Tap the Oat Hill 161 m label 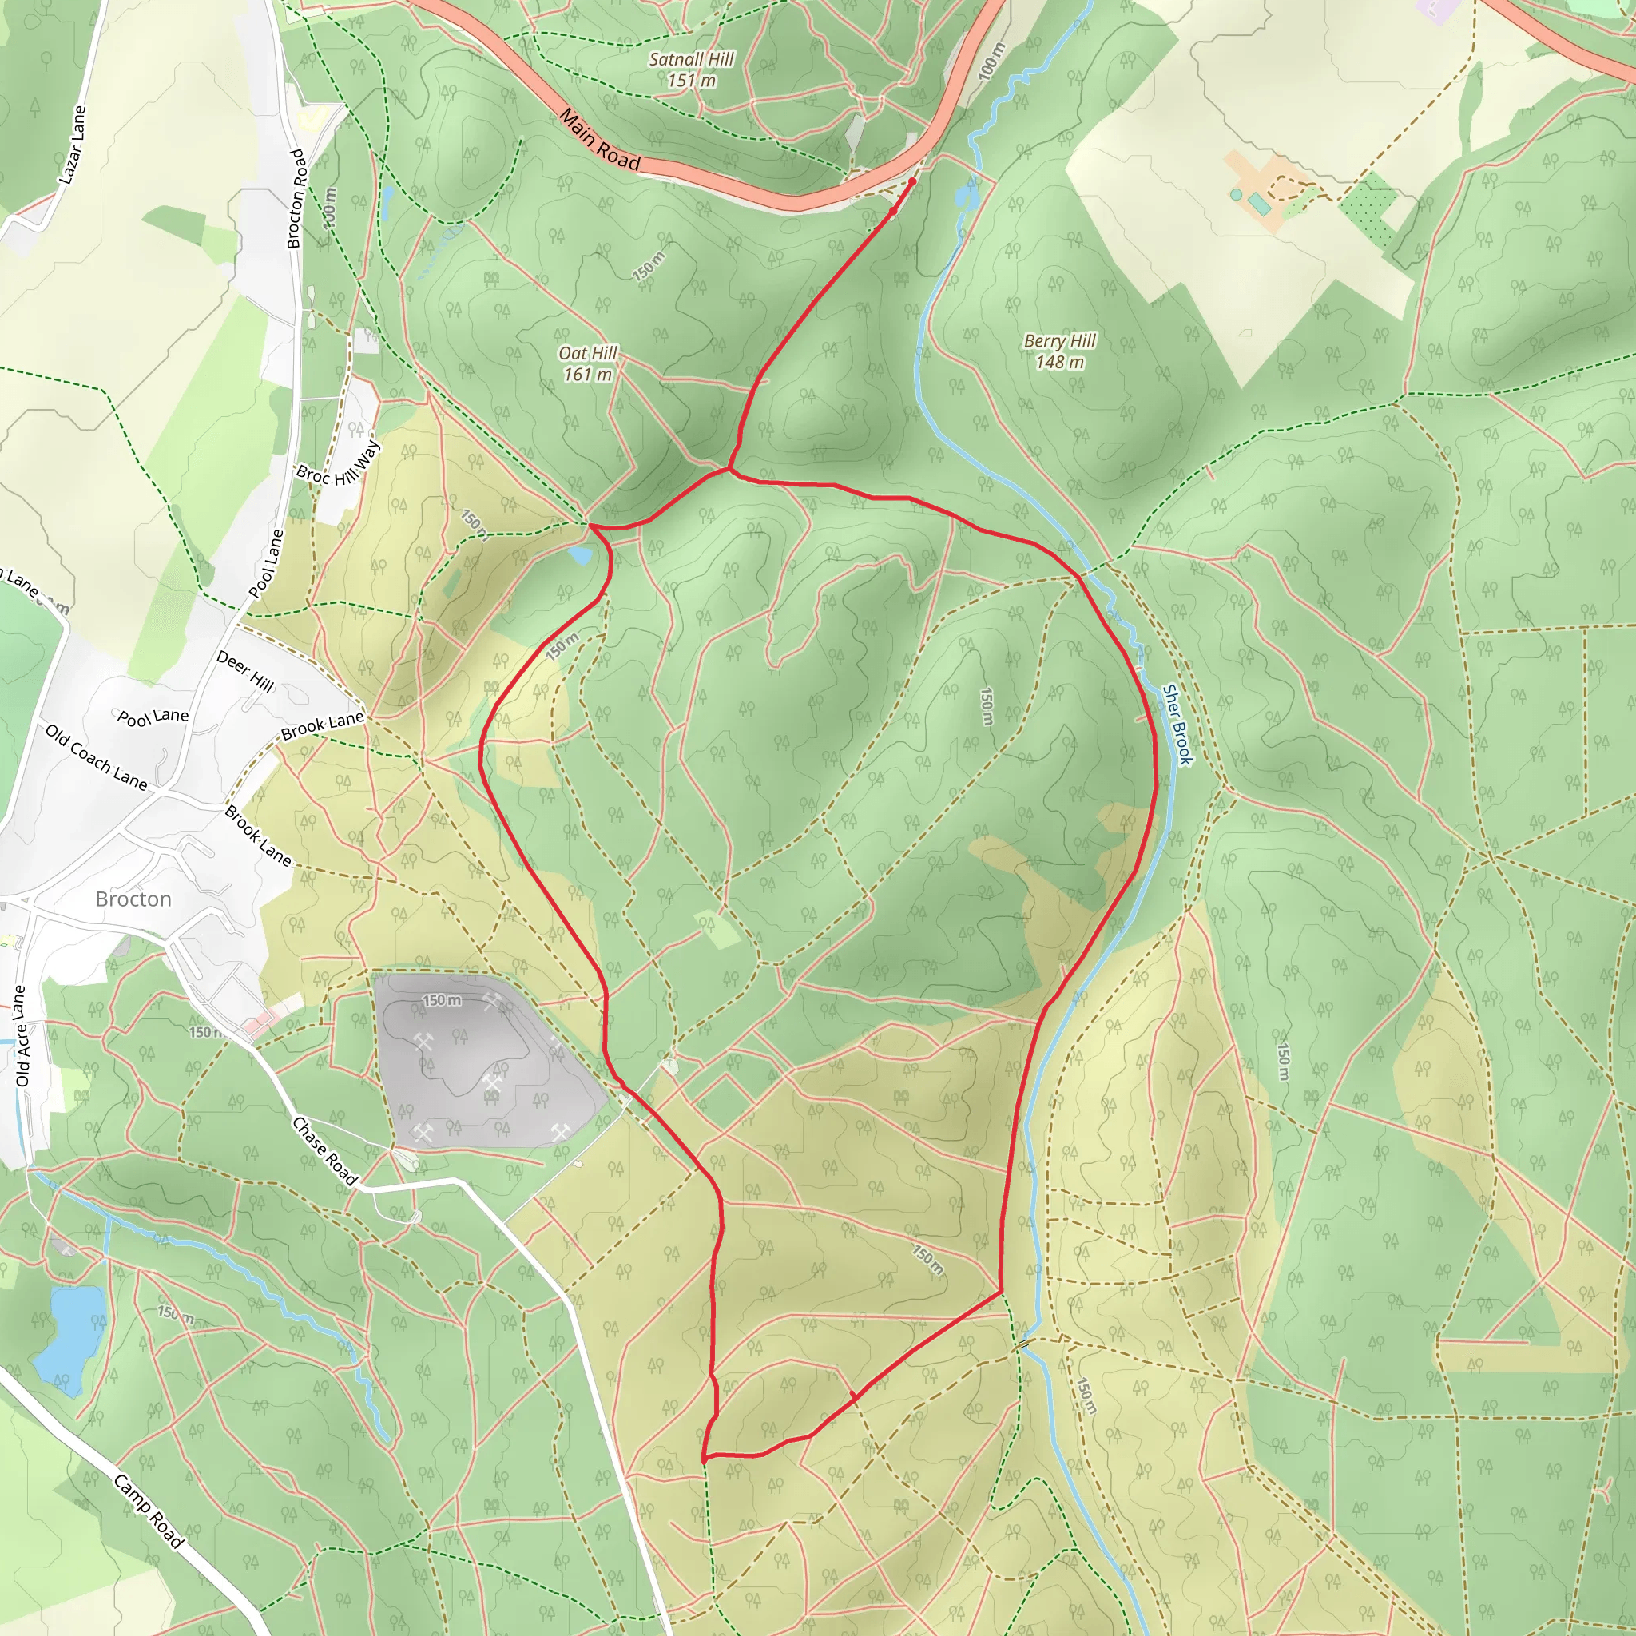click(x=588, y=363)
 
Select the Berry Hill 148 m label click(x=1059, y=351)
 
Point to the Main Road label click(x=600, y=140)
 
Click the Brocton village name click(x=133, y=899)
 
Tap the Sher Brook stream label click(x=1177, y=725)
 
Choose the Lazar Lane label click(x=73, y=145)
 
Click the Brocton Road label click(x=296, y=199)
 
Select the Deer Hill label click(x=244, y=672)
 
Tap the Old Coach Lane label click(x=97, y=756)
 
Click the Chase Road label click(x=324, y=1151)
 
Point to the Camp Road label click(x=149, y=1511)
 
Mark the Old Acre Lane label click(x=22, y=1035)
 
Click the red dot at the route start click(x=912, y=182)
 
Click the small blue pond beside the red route click(x=581, y=555)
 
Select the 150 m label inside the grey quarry click(x=442, y=1000)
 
